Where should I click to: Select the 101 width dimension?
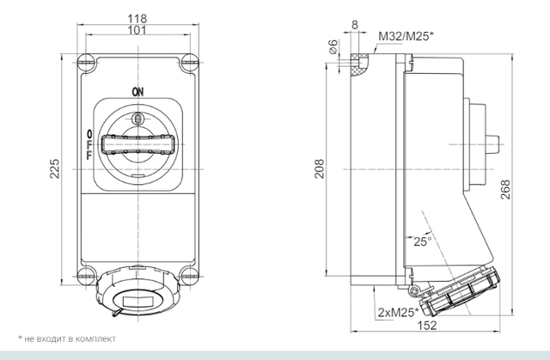[x=137, y=30]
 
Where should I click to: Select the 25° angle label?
[x=421, y=241]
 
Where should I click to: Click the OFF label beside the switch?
[x=89, y=144]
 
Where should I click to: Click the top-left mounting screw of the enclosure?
[x=86, y=62]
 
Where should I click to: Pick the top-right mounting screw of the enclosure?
[x=188, y=62]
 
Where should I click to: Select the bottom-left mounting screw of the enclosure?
[x=86, y=276]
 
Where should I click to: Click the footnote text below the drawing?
[x=67, y=339]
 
